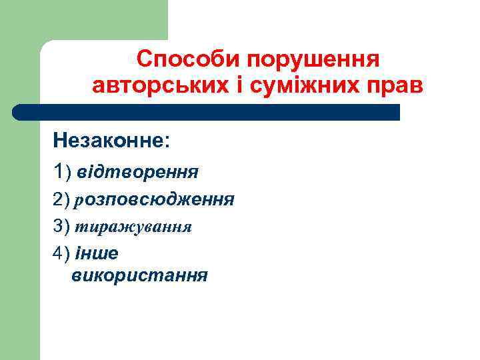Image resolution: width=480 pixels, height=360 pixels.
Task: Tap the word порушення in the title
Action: pos(313,60)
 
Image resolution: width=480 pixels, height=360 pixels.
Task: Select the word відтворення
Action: pos(137,173)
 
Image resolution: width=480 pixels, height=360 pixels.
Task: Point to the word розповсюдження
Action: pos(155,199)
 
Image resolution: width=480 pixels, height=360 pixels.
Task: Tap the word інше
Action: pos(97,253)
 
